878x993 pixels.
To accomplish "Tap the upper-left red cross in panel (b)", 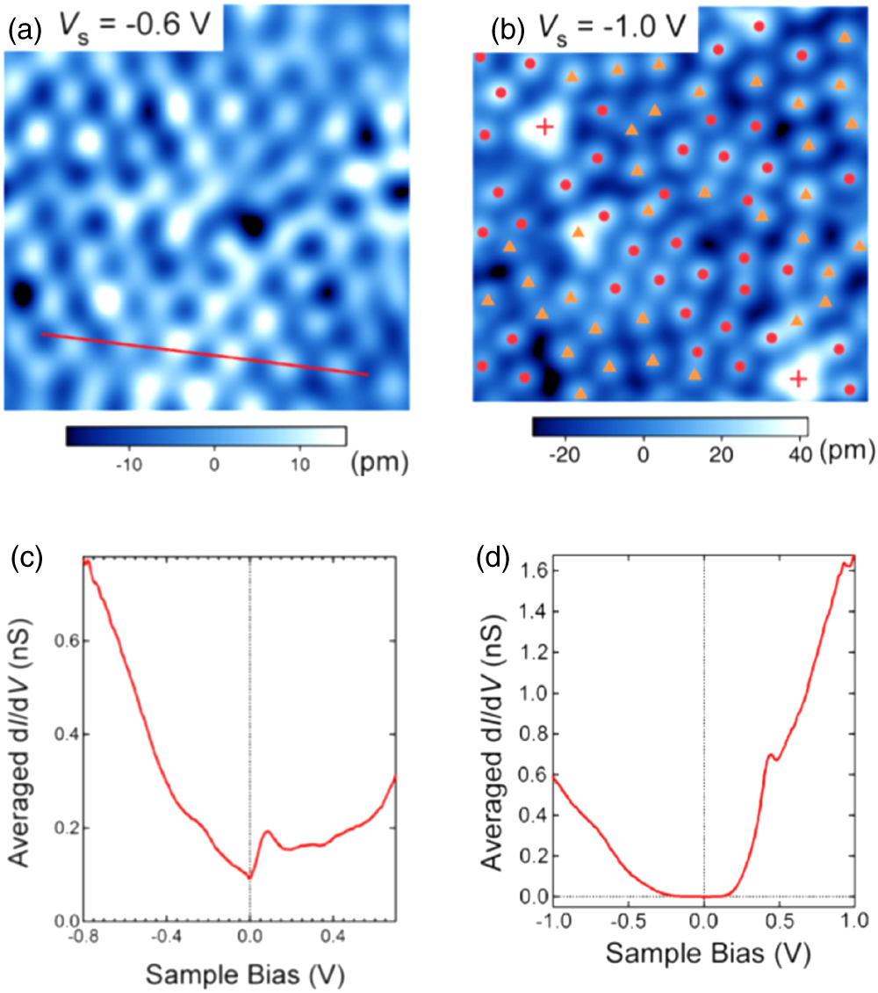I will click(x=544, y=128).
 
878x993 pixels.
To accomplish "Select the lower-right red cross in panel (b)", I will click(x=797, y=379).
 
